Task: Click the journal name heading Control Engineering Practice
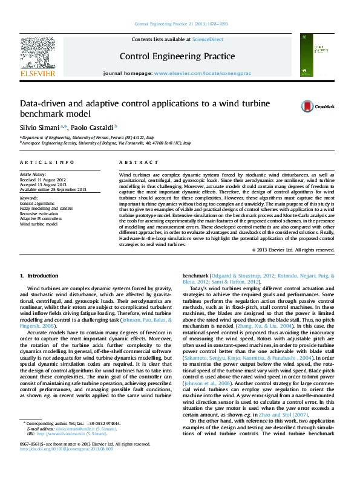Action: tap(168, 56)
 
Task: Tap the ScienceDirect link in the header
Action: tap(206, 39)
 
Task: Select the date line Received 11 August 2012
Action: tap(44, 180)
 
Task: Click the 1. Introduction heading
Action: tap(39, 276)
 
